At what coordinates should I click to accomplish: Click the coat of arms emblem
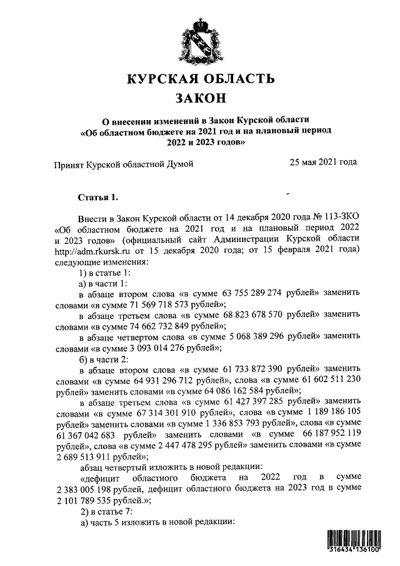(x=200, y=40)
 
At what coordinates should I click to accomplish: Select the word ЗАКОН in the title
(x=200, y=99)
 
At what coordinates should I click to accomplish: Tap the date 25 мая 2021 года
(x=323, y=162)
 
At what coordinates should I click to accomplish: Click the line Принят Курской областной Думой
(x=122, y=164)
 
